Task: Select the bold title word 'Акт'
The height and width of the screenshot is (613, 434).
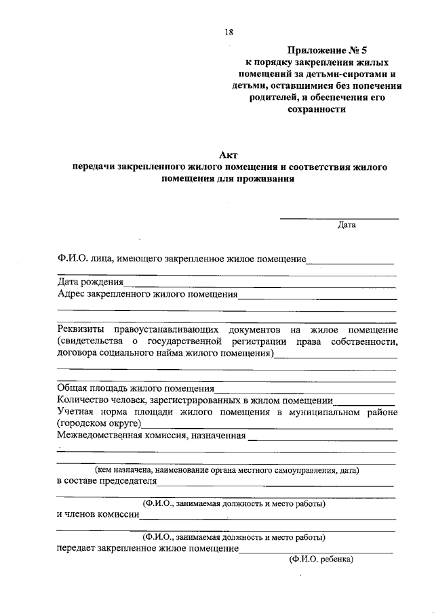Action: pos(228,155)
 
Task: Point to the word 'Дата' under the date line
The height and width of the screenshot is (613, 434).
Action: pos(347,226)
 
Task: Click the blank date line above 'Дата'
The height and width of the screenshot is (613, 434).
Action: pos(340,218)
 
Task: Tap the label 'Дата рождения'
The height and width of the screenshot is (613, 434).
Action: pos(90,282)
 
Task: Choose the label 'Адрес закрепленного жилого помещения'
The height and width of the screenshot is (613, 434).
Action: pos(147,295)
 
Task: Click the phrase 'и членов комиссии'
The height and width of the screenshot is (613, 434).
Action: pos(98,515)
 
